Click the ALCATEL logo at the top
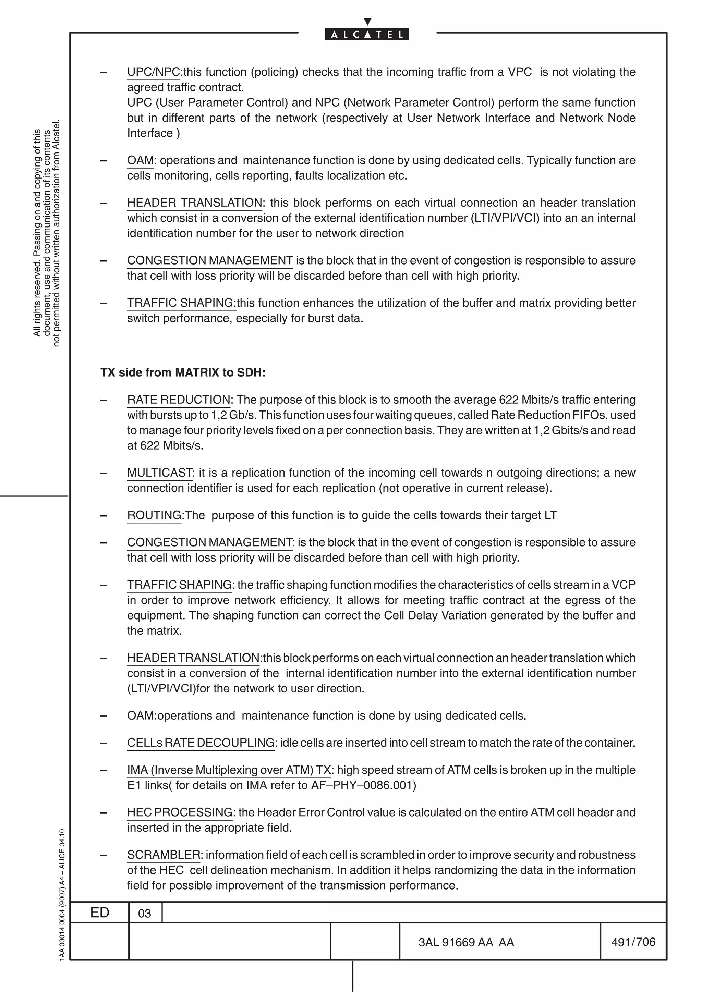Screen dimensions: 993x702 click(x=366, y=34)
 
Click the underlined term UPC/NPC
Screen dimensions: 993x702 click(x=153, y=72)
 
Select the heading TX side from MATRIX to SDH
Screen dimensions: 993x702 click(x=183, y=372)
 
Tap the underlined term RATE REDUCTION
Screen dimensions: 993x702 click(x=179, y=400)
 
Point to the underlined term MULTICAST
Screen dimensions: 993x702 click(x=160, y=473)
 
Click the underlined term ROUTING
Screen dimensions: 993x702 click(x=154, y=515)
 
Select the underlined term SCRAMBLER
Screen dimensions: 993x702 click(x=164, y=855)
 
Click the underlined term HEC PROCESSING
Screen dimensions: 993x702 click(x=180, y=812)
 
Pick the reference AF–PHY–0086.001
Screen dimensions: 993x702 click(x=363, y=785)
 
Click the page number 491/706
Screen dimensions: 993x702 click(x=633, y=942)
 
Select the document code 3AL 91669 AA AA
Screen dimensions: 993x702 click(x=466, y=942)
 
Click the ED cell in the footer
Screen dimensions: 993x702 click(x=99, y=912)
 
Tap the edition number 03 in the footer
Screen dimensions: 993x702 click(x=144, y=914)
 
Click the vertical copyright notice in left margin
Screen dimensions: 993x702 click(x=47, y=234)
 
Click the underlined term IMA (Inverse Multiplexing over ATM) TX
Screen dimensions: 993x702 click(x=229, y=770)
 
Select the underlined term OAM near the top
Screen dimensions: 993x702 click(x=140, y=160)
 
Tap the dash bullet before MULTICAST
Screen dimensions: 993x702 click(x=104, y=473)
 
